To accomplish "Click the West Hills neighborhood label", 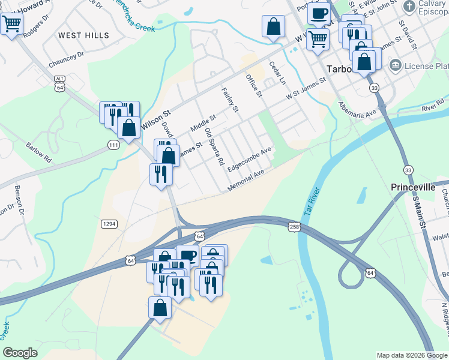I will point(84,35).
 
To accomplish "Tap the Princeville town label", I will point(412,187).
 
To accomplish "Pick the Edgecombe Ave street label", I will point(250,159).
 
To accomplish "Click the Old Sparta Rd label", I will point(214,146).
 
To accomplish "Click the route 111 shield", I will point(113,145).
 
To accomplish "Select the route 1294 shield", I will point(109,223).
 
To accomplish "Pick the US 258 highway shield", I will point(294,226).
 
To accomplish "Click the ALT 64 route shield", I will point(59,83).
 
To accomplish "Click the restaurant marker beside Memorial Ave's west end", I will point(160,174).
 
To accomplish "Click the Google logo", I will point(20,353).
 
